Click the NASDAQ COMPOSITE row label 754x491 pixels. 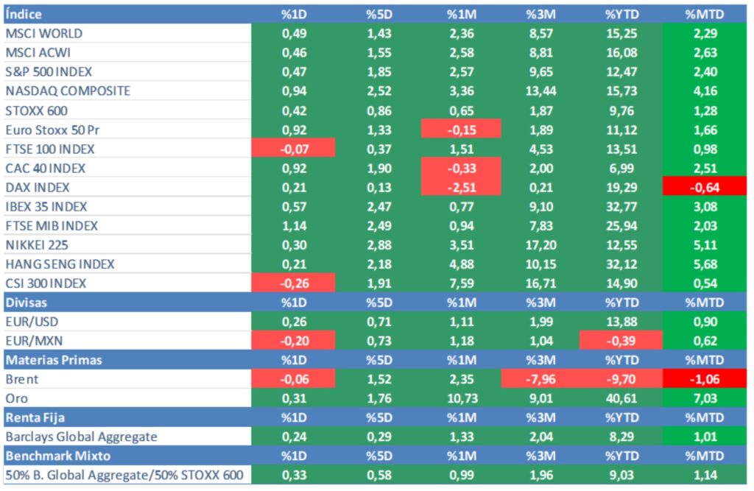click(68, 91)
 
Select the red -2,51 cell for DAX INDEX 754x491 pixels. click(461, 187)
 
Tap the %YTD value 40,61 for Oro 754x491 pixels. click(620, 398)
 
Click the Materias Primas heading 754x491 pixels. click(53, 360)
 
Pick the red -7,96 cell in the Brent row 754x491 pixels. click(540, 379)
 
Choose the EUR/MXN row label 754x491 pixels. click(35, 341)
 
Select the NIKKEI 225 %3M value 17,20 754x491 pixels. click(540, 244)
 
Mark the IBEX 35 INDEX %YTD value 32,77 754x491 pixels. click(620, 206)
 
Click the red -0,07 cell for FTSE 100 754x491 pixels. click(293, 149)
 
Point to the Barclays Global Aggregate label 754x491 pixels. click(81, 437)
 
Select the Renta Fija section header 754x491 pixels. click(33, 417)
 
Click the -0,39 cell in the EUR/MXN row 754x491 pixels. click(620, 341)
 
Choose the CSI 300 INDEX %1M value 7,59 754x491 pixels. click(461, 283)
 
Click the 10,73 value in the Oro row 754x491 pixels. click(461, 398)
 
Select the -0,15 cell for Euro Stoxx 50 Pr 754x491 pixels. click(461, 130)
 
